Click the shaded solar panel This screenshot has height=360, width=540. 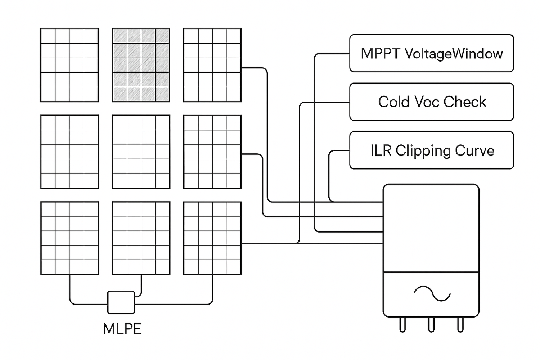point(141,65)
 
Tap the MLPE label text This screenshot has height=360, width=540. point(122,329)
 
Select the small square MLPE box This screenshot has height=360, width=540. point(121,302)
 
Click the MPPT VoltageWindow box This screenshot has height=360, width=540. point(431,53)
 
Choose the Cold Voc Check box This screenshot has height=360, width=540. point(431,102)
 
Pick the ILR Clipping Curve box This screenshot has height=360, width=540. point(431,150)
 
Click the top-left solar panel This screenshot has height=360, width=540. point(69,65)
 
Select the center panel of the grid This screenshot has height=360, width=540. point(141,152)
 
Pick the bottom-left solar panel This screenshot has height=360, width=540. point(69,238)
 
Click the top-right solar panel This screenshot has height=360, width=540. point(212,65)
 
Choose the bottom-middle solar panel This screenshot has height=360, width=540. point(141,238)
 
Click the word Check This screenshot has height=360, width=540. point(465,102)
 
